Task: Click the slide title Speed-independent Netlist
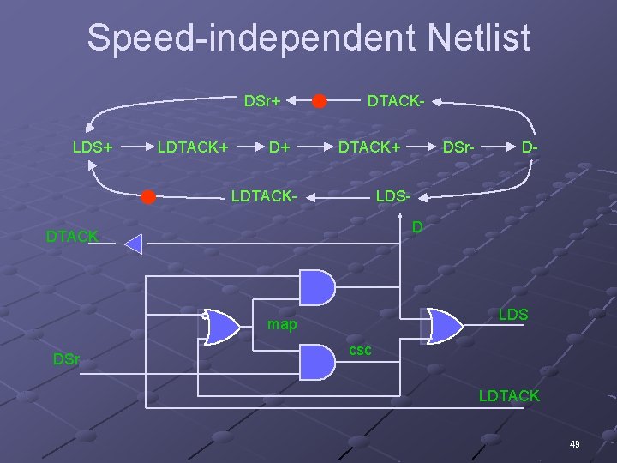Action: point(308,39)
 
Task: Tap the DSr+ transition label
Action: point(262,102)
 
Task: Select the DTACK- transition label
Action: point(396,102)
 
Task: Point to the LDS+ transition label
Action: point(93,147)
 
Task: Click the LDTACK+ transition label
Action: point(192,147)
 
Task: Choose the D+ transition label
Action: point(280,147)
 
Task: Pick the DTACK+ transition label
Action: point(369,147)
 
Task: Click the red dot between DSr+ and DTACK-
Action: point(319,102)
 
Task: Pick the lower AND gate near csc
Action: point(317,362)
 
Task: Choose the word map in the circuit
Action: point(282,325)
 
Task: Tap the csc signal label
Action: point(361,351)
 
